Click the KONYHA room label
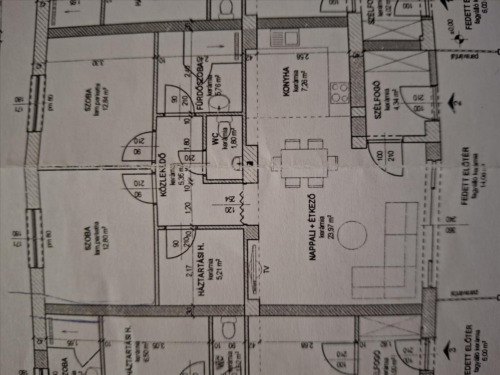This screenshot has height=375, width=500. (x=286, y=82)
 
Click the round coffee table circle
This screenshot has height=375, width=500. (x=352, y=235)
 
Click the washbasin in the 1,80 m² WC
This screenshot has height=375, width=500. (x=237, y=161)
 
